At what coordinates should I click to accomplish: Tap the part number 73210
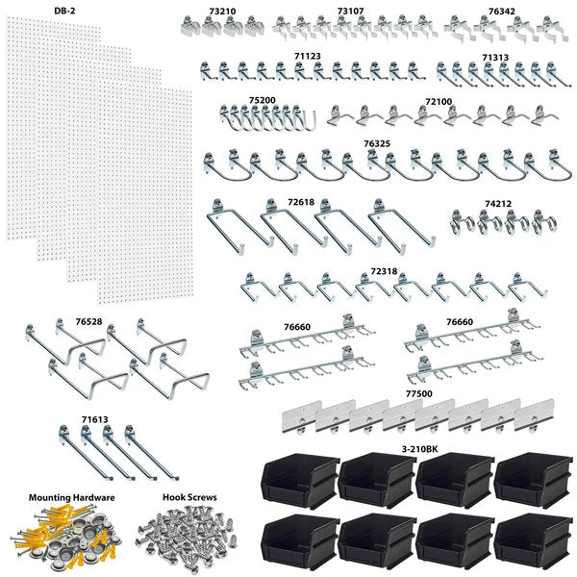point(223,13)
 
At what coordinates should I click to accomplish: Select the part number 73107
point(350,13)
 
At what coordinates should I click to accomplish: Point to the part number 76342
point(501,13)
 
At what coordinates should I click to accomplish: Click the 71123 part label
point(308,57)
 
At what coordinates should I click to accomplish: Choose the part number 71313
point(495,58)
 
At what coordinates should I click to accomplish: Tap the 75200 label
point(262,100)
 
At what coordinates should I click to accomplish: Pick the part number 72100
point(439,100)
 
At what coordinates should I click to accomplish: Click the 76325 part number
point(377,143)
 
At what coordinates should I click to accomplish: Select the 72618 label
point(301,203)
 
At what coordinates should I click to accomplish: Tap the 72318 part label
point(383,273)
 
